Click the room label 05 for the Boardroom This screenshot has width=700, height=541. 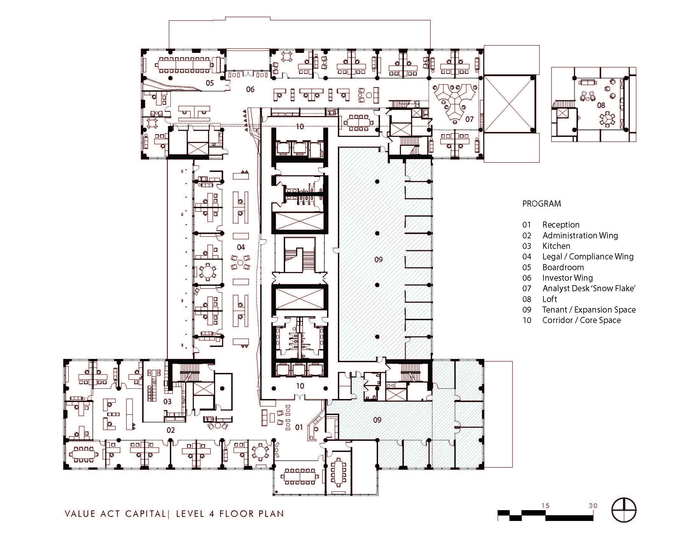click(x=210, y=83)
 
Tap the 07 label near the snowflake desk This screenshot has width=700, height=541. click(x=469, y=119)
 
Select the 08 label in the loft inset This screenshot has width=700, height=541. click(x=601, y=105)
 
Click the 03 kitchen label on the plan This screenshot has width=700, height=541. click(x=167, y=402)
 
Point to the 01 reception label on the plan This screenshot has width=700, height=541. click(x=299, y=427)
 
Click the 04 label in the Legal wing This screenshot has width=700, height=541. click(x=241, y=247)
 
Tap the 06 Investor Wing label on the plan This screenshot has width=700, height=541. click(x=250, y=89)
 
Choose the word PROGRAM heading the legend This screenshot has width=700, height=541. click(x=541, y=204)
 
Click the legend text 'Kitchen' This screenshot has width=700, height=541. click(x=556, y=246)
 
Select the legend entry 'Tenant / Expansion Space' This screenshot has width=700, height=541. click(x=589, y=310)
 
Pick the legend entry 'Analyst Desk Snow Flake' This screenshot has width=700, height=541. click(x=589, y=288)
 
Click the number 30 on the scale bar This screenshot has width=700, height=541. click(x=593, y=506)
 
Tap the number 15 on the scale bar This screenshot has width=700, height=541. click(x=545, y=506)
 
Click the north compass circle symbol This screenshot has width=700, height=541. click(x=624, y=510)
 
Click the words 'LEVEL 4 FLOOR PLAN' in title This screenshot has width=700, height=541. click(x=230, y=514)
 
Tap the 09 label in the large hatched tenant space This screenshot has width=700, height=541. click(x=378, y=259)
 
